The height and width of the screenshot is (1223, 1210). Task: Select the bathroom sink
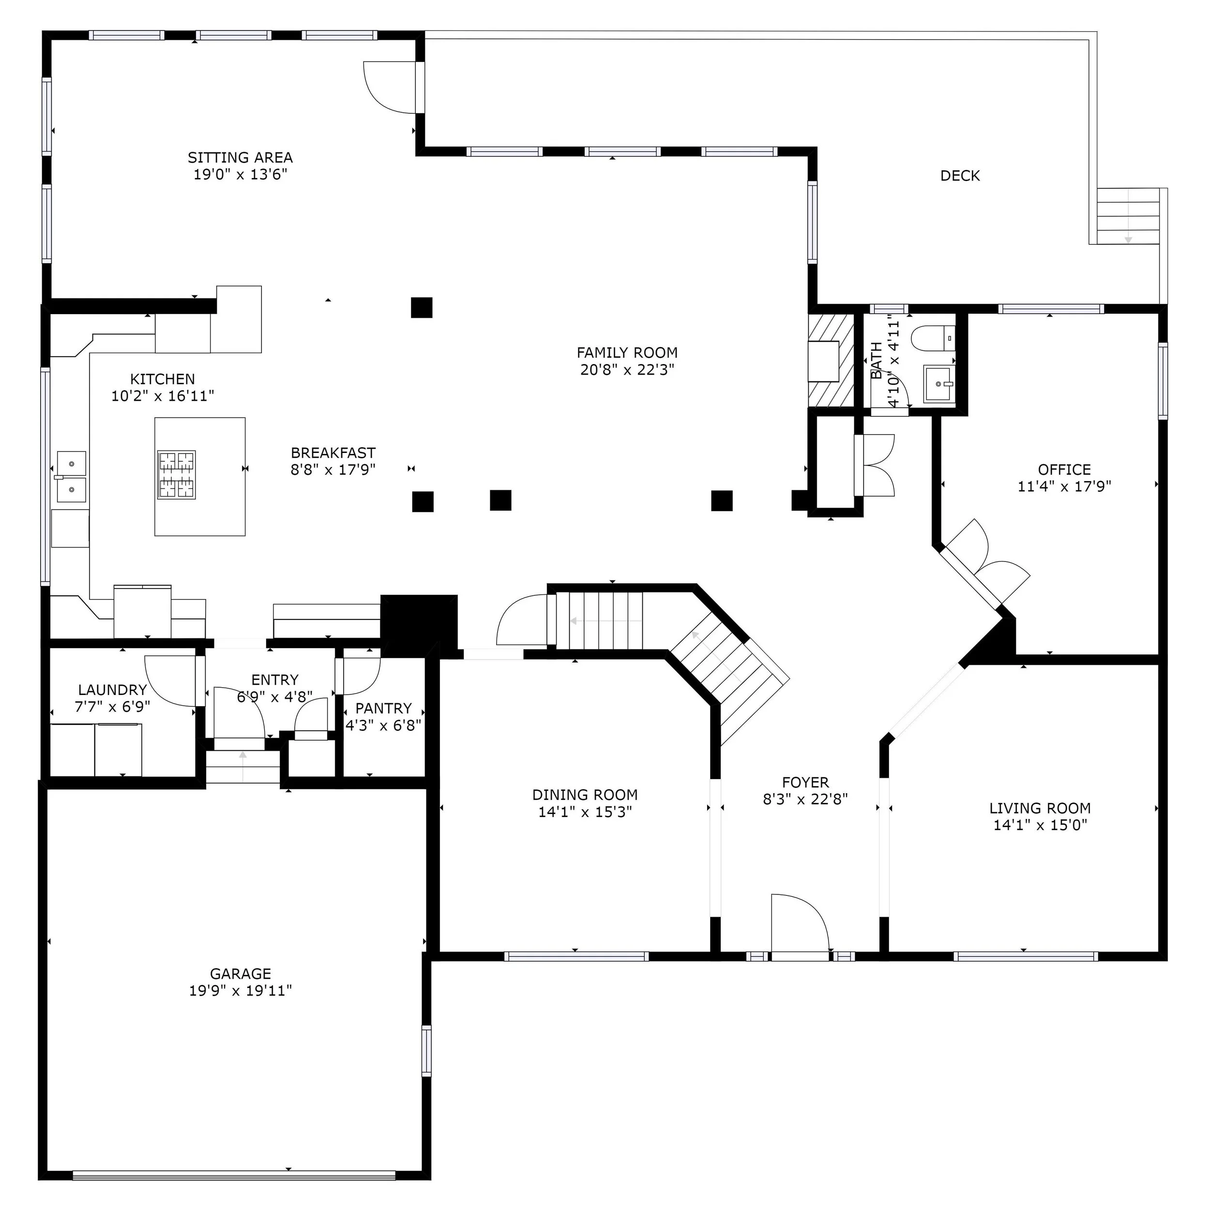[938, 384]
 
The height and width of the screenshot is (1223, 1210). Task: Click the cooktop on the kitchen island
[176, 475]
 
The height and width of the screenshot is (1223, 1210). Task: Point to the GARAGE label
[241, 974]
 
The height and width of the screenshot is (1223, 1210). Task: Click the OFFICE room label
[1064, 470]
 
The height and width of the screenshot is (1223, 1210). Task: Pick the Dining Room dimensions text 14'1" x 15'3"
[585, 812]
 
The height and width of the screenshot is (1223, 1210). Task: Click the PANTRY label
[383, 709]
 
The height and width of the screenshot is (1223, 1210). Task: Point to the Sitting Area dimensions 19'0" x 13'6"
[241, 174]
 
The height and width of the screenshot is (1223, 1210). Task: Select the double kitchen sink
[71, 476]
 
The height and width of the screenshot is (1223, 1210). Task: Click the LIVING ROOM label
[1040, 808]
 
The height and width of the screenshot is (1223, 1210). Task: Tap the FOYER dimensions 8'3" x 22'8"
[805, 799]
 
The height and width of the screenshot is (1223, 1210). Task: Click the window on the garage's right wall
[426, 1052]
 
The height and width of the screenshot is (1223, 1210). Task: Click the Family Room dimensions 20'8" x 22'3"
[627, 370]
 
